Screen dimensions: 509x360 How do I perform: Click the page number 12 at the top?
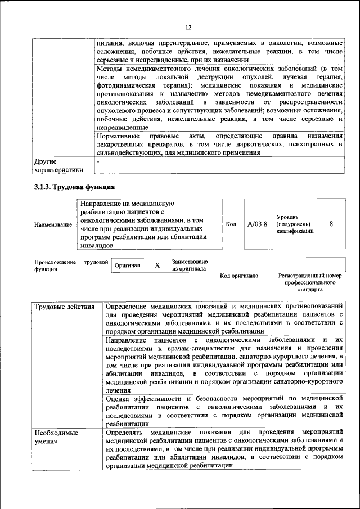(x=189, y=27)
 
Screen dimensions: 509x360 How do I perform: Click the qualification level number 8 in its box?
(x=331, y=224)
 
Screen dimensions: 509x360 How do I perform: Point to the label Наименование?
(x=53, y=225)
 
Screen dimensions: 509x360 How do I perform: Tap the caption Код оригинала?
(x=239, y=276)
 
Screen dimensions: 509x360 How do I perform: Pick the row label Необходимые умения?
(x=56, y=438)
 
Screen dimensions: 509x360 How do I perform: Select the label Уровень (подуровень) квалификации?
(x=295, y=224)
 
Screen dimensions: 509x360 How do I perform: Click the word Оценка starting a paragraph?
(x=119, y=398)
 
